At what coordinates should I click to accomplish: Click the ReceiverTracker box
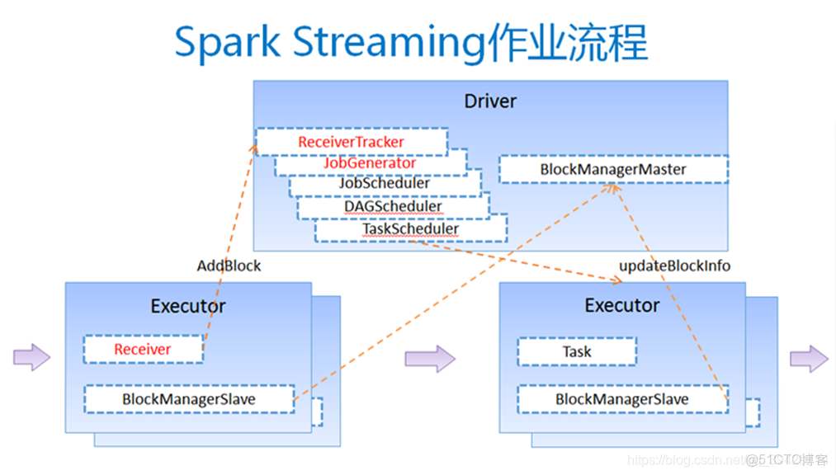[x=351, y=142]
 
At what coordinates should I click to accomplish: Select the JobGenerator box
[x=369, y=163]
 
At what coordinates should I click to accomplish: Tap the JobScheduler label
[x=384, y=184]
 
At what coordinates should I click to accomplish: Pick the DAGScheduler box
[x=392, y=206]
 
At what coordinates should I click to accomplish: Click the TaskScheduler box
[x=410, y=228]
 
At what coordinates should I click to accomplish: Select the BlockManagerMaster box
[x=612, y=169]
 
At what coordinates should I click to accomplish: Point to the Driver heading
[x=490, y=101]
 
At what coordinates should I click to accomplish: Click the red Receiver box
[x=143, y=349]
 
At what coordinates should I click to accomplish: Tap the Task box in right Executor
[x=577, y=351]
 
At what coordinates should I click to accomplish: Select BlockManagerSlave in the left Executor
[x=189, y=399]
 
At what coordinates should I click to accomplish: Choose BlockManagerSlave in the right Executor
[x=621, y=399]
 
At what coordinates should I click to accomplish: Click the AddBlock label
[x=229, y=266]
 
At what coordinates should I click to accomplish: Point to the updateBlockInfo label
[x=674, y=266]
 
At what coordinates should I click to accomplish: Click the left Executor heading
[x=188, y=306]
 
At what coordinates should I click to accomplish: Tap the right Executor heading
[x=622, y=305]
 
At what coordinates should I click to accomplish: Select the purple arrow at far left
[x=31, y=357]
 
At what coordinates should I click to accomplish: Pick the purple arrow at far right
[x=808, y=358]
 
